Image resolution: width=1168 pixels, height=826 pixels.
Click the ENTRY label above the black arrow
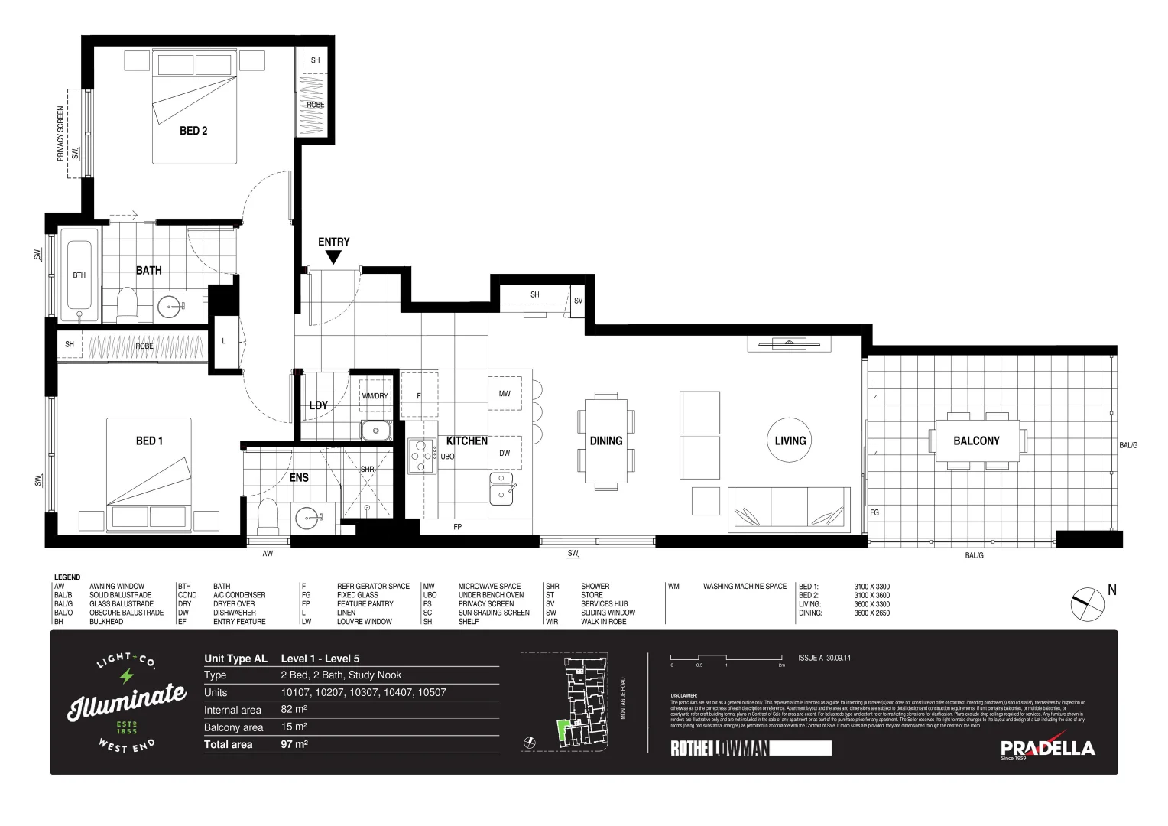(x=333, y=242)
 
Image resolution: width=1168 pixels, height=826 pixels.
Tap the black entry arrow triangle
(x=333, y=259)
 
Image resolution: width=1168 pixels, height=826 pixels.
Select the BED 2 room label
(x=193, y=131)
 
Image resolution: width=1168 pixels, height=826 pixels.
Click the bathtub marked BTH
(x=79, y=275)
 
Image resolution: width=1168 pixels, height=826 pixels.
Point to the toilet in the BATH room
(x=127, y=304)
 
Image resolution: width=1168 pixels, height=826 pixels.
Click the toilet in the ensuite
(x=268, y=516)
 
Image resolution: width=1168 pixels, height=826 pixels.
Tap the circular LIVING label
(x=790, y=441)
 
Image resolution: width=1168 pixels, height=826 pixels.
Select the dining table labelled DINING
(x=606, y=441)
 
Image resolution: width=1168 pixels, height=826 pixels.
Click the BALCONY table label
(x=976, y=441)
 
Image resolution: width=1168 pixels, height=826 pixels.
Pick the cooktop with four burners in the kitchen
(x=421, y=456)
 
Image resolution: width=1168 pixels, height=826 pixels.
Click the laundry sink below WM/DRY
(x=375, y=430)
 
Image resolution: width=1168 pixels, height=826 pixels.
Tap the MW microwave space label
(x=505, y=394)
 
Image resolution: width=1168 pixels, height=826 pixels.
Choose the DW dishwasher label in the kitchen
(x=505, y=454)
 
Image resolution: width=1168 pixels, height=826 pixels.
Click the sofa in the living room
(x=789, y=509)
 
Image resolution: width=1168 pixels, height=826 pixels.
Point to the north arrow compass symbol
(x=1087, y=604)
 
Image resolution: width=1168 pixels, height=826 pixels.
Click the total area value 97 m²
(x=294, y=744)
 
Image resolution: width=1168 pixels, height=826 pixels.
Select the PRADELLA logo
(x=1048, y=748)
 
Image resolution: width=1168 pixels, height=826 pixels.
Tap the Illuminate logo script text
(x=127, y=702)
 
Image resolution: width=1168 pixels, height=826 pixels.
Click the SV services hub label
(x=578, y=301)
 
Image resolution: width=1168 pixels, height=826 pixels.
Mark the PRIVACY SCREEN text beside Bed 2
(x=60, y=134)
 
